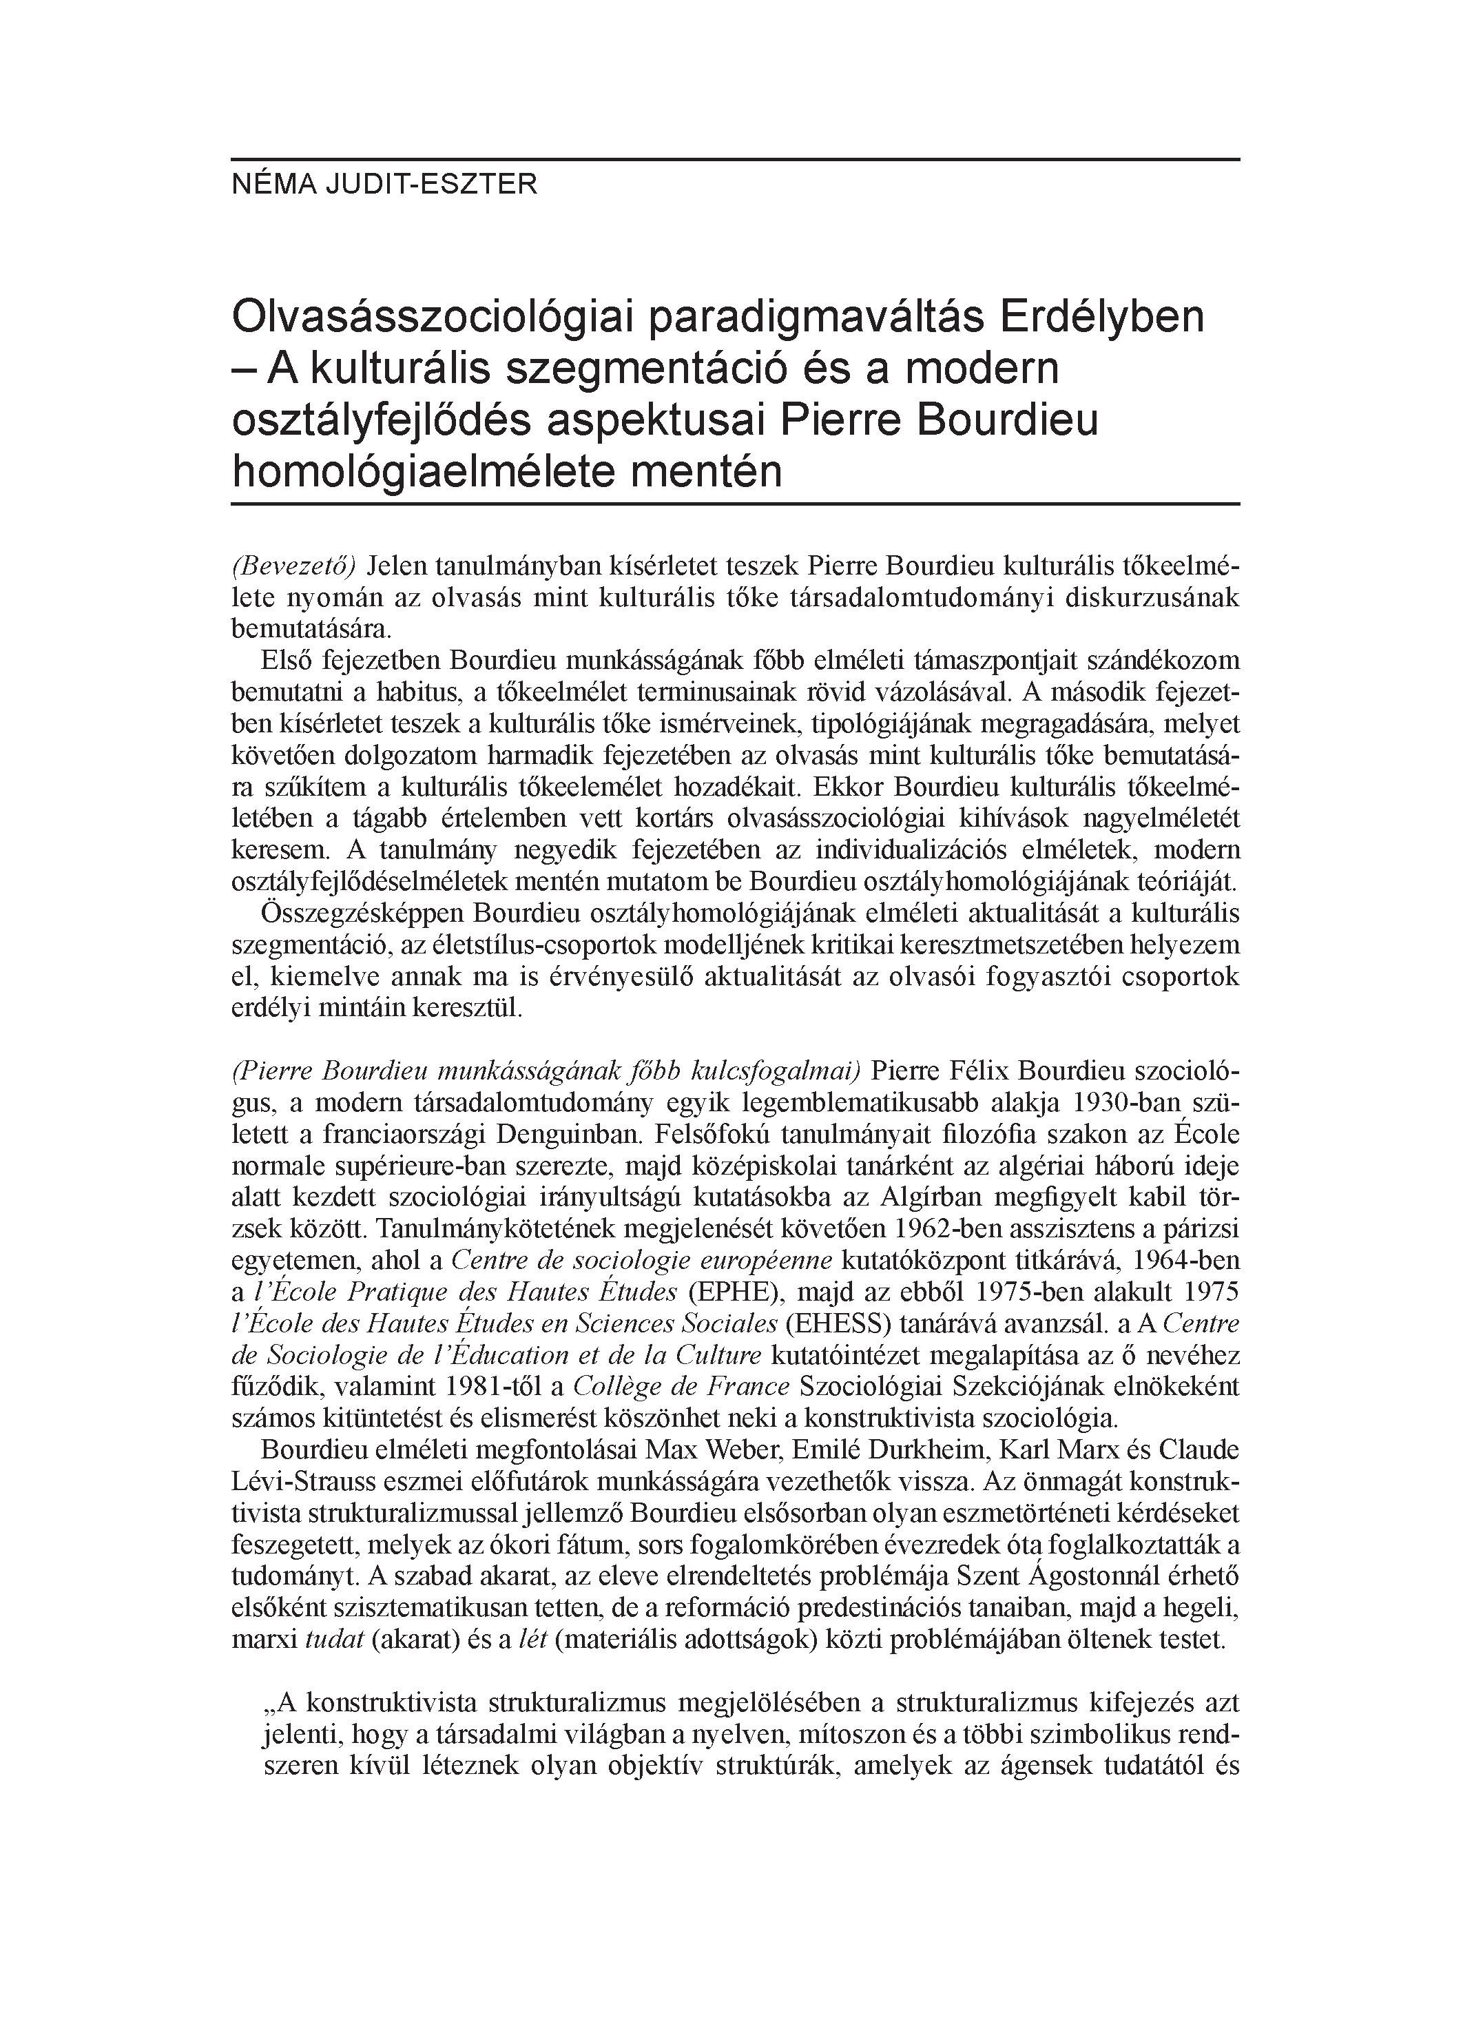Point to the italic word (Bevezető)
294,566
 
